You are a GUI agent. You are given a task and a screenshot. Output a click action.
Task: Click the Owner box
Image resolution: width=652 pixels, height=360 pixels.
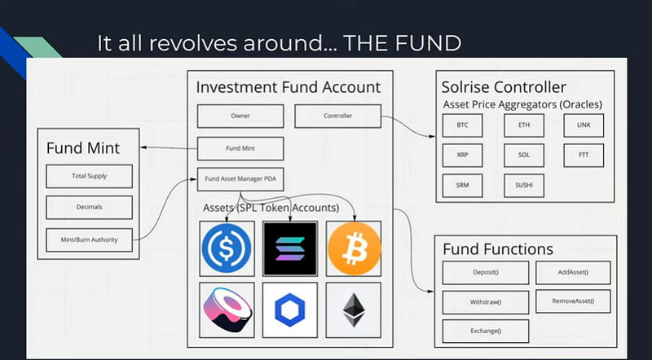point(240,116)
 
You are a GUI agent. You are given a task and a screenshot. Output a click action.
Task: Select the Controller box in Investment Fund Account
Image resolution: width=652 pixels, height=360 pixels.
point(337,116)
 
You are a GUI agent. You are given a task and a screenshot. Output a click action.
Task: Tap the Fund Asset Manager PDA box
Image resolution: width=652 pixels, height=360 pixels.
point(240,179)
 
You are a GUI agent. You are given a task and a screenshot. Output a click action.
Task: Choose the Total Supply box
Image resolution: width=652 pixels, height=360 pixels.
point(89,176)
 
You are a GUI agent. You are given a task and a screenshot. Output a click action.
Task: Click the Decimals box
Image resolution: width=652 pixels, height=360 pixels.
point(89,207)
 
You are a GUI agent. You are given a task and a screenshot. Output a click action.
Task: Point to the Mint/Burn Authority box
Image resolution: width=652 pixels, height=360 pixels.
point(89,239)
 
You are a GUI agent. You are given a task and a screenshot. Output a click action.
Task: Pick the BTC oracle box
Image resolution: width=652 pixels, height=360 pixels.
point(462,125)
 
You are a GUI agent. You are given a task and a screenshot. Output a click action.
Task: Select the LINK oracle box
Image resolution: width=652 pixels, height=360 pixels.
point(584,125)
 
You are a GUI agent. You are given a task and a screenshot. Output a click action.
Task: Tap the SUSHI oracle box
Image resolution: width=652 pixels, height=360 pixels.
point(524,186)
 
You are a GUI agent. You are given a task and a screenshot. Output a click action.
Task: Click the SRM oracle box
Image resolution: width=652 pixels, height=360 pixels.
point(462,186)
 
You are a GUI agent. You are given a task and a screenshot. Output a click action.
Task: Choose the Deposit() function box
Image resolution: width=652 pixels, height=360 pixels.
point(486,273)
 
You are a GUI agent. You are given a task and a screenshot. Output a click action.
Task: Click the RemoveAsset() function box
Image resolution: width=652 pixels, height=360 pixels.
point(573,301)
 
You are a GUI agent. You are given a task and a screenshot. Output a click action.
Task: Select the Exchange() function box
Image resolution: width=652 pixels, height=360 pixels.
point(486,331)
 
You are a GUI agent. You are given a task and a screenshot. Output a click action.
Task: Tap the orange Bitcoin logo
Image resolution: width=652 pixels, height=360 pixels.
point(354,248)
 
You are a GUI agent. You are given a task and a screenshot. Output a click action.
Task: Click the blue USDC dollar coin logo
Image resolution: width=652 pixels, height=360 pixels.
point(227,248)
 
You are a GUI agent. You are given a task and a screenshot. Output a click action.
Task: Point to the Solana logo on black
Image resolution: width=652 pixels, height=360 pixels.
point(290,248)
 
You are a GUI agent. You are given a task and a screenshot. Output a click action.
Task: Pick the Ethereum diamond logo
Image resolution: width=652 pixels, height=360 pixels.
point(354,310)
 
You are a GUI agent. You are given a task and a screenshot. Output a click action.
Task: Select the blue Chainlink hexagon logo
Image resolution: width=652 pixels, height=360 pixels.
point(290,310)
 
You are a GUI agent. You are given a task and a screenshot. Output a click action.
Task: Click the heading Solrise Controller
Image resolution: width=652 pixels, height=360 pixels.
point(504,87)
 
